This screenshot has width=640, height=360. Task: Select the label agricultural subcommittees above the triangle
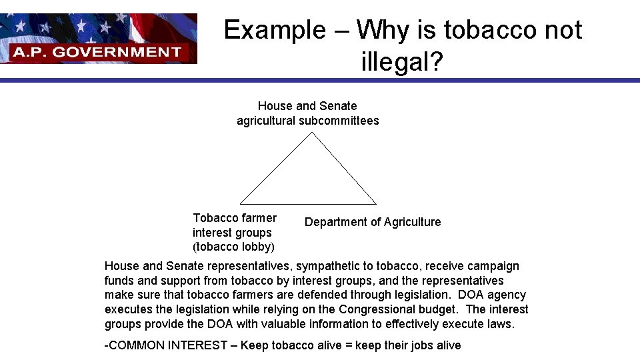[307, 121]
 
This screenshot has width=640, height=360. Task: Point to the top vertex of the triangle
[312, 132]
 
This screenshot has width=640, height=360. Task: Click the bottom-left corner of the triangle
[240, 203]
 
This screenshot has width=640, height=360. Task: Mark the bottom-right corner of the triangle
[377, 204]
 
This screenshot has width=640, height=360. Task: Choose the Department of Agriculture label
[373, 222]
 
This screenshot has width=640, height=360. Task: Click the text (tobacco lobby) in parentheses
[233, 247]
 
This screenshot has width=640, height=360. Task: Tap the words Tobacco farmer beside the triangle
[235, 218]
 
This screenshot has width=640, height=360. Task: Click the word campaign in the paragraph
[493, 267]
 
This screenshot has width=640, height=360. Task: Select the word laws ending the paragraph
[501, 324]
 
